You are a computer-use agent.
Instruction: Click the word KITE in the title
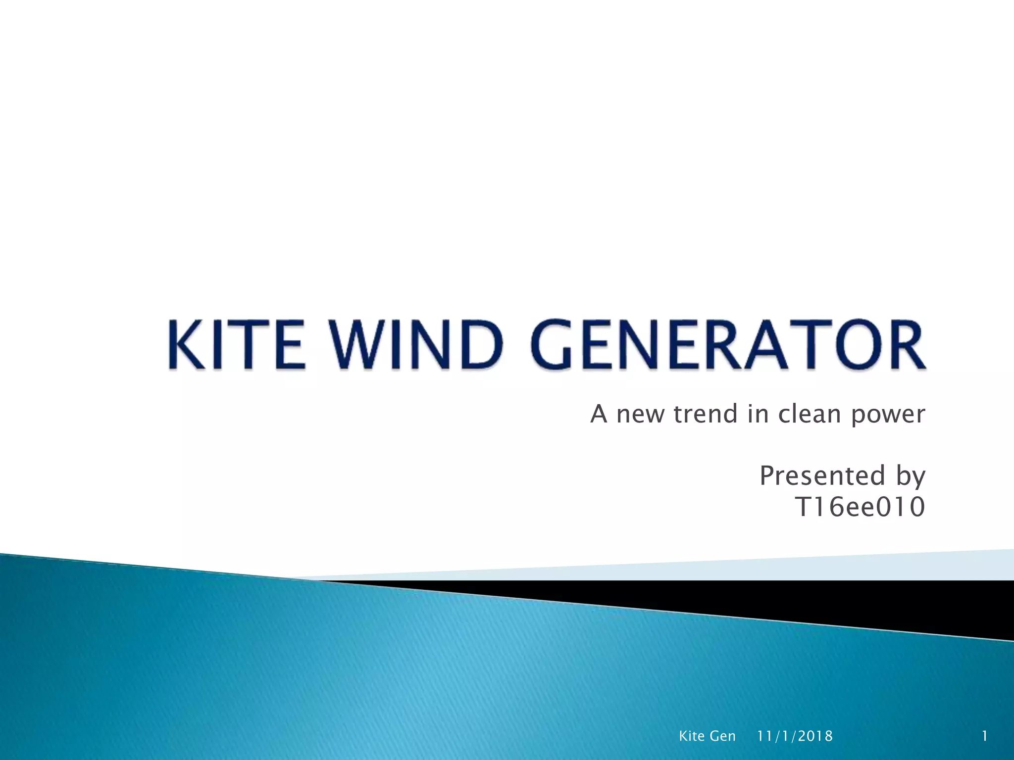(x=236, y=344)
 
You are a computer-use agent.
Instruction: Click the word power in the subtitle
(x=888, y=415)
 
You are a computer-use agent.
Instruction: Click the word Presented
(x=822, y=476)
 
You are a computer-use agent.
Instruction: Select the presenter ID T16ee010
(x=860, y=508)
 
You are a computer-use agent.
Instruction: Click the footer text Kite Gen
(x=707, y=736)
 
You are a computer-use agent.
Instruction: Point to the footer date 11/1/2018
(x=795, y=736)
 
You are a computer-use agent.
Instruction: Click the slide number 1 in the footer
(x=985, y=736)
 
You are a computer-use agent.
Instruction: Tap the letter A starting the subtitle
(x=599, y=414)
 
